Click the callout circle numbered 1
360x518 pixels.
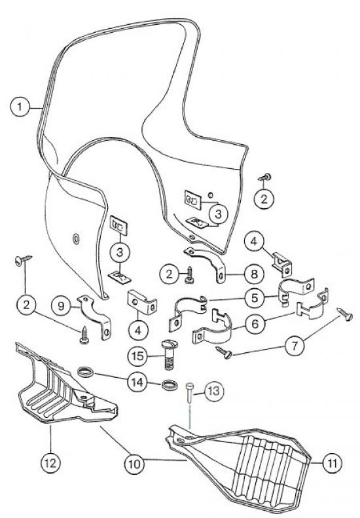[20, 107]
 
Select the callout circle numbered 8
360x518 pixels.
[254, 274]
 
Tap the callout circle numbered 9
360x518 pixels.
[61, 306]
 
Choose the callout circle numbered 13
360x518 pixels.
[214, 391]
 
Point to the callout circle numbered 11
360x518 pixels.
[332, 463]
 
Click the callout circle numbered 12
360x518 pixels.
[50, 463]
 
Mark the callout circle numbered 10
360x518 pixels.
[134, 464]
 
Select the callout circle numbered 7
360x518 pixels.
[295, 346]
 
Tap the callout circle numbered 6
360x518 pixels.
[255, 324]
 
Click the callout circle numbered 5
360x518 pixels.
[255, 298]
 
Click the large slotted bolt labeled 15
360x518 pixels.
[170, 354]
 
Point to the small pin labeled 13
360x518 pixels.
[190, 392]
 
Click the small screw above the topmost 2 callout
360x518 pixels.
[265, 177]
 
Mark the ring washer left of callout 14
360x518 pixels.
[86, 372]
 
